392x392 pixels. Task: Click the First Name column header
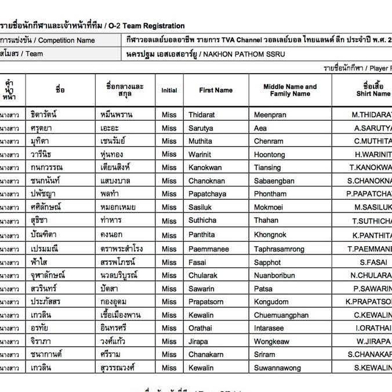coord(216,90)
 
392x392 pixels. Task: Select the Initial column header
coord(169,90)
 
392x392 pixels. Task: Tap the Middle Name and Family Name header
coord(290,90)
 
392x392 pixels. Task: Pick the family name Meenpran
coord(270,115)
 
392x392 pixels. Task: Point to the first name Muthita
coord(200,141)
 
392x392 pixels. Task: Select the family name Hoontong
coord(270,154)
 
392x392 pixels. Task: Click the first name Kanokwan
coord(205,168)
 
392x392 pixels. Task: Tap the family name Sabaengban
coord(274,181)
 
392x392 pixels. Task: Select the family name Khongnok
coord(270,235)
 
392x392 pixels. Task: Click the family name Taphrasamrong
coord(280,249)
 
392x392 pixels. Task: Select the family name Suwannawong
coord(277,368)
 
